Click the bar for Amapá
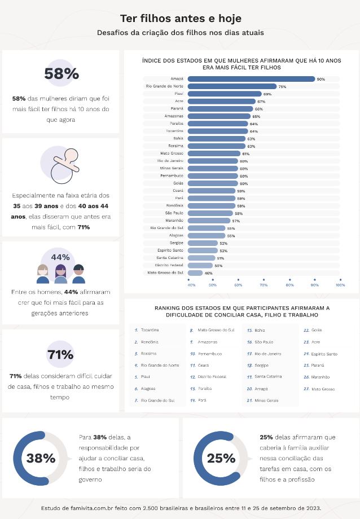(251, 79)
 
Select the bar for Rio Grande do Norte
(232, 86)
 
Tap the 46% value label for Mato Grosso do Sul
(209, 273)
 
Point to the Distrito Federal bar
(200, 265)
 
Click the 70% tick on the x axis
(264, 285)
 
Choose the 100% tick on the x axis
(340, 285)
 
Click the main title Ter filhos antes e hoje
(180, 19)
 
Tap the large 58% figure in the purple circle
(62, 74)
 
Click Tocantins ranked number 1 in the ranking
(150, 329)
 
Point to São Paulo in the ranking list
(264, 342)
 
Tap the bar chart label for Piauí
(178, 94)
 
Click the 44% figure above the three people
(60, 257)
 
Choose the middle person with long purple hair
(60, 274)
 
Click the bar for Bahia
(217, 138)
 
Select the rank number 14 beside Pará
(192, 400)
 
